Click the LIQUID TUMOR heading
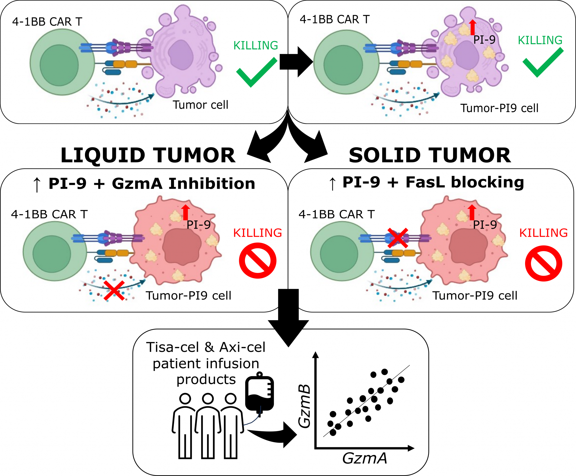point(148,155)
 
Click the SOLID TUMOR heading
point(430,155)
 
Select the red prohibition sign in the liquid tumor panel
point(258,261)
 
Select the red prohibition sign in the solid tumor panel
point(543,263)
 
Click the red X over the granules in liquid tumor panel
point(114,290)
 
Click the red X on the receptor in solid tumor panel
point(398,238)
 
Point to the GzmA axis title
point(365,458)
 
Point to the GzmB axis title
point(305,406)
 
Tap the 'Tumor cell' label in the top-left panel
point(200,105)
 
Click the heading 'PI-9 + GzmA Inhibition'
point(152,184)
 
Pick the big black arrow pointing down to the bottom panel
point(289,318)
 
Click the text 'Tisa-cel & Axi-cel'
point(206,347)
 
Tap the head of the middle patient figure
point(208,398)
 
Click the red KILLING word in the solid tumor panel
point(543,233)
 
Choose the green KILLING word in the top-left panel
point(256,46)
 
